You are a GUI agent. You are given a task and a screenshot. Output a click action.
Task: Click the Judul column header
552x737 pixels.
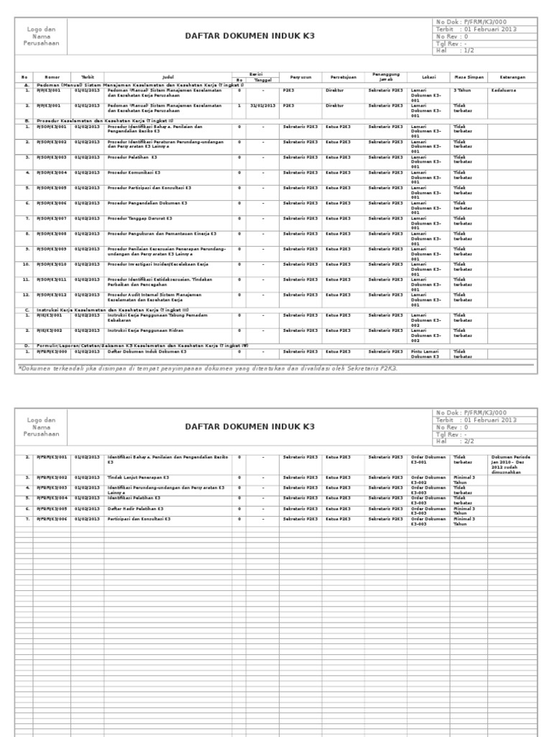[x=168, y=76]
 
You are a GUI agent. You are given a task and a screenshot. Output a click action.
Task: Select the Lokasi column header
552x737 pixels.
[x=418, y=76]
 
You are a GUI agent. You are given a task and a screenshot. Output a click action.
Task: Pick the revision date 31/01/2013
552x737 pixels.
[x=262, y=105]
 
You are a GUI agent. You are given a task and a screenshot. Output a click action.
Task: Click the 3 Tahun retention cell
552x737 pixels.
[x=461, y=90]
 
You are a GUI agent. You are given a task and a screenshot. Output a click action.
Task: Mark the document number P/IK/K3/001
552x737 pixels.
[x=50, y=315]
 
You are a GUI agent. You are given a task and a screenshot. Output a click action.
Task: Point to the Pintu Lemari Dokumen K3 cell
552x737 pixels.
[x=425, y=353]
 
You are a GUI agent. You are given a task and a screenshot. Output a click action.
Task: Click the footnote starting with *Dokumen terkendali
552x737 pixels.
[x=208, y=368]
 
